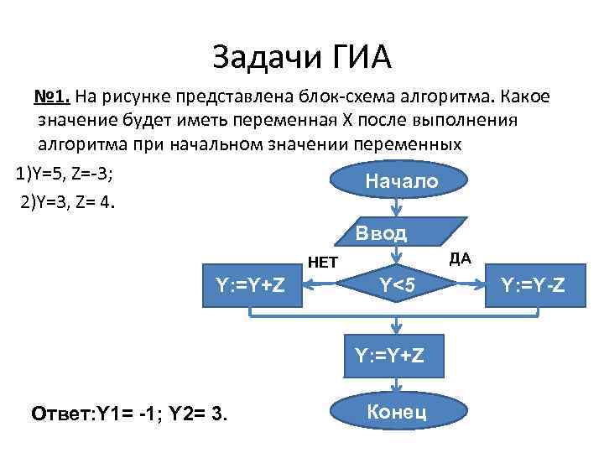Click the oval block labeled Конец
397,412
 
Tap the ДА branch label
461,258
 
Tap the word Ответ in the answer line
61,414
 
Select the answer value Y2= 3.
200,414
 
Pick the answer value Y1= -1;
132,414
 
